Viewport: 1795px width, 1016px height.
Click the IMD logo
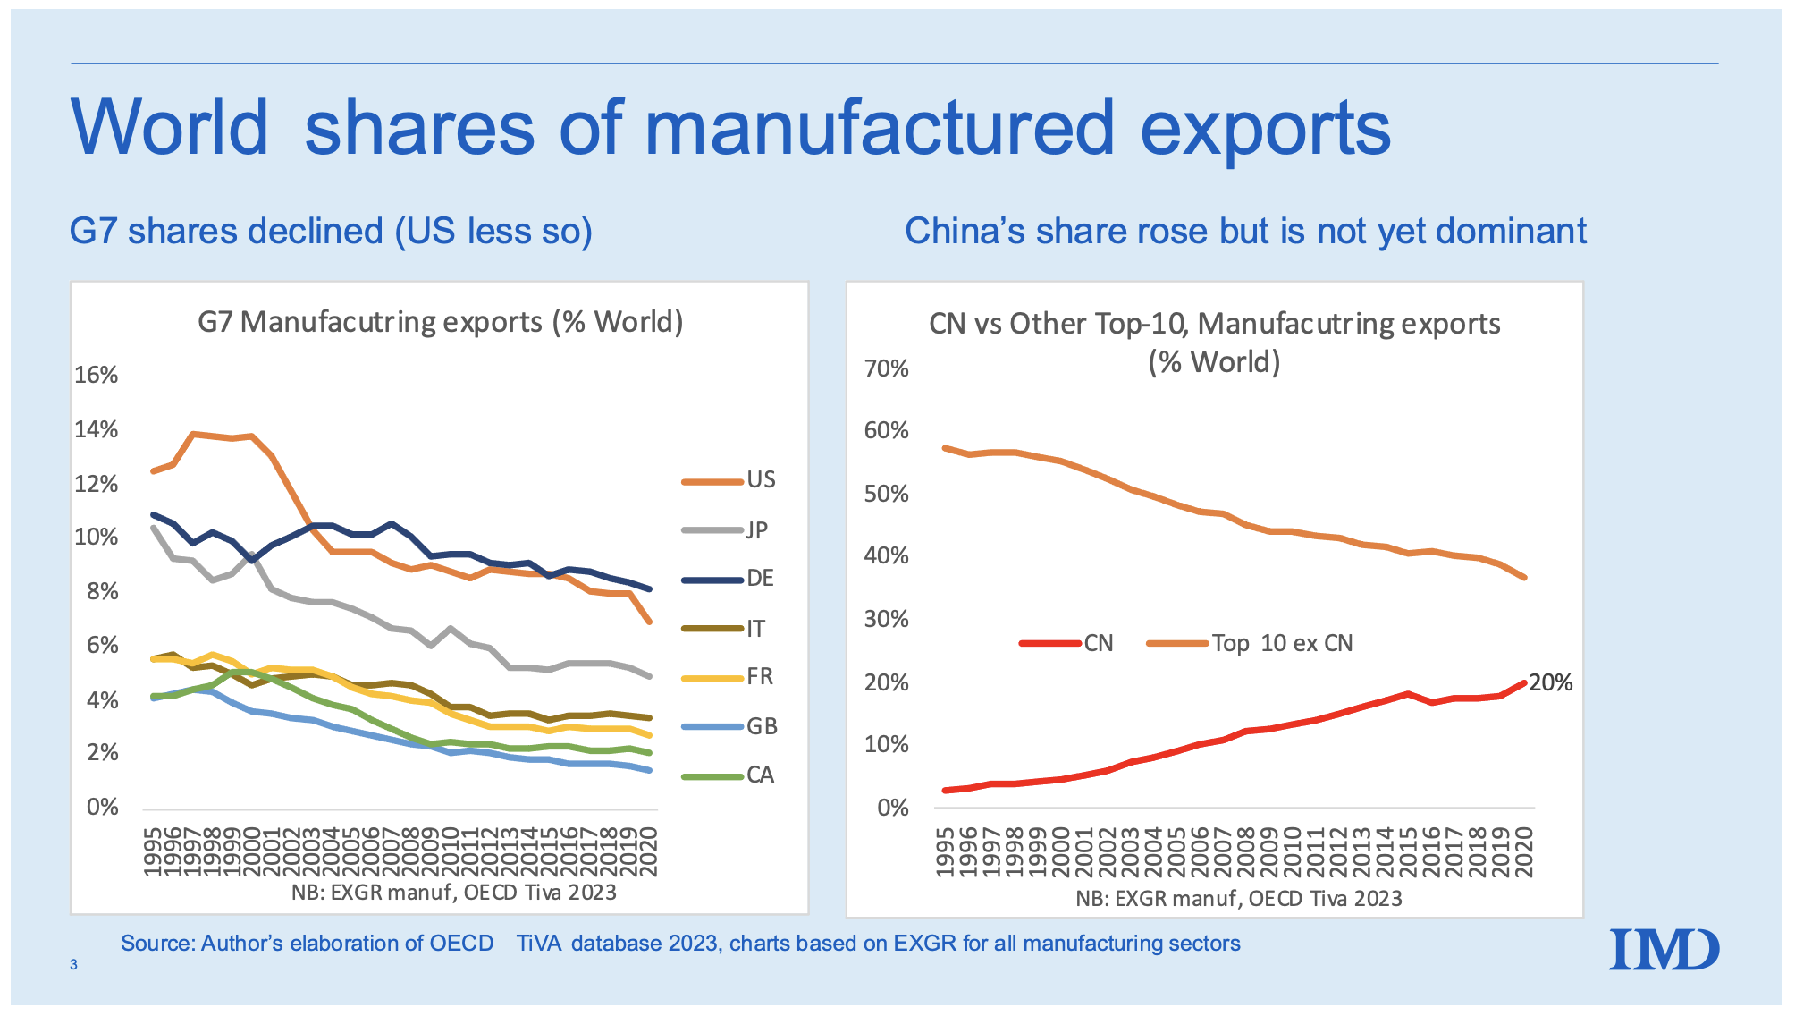click(x=1664, y=950)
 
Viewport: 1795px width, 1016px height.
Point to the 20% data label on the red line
click(x=1550, y=683)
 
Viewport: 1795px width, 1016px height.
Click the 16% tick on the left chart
click(x=96, y=375)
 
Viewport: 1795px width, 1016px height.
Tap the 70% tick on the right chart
click(x=886, y=368)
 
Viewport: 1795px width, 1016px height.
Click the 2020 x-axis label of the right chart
click(x=1525, y=851)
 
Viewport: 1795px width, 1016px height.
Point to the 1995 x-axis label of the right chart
click(x=945, y=851)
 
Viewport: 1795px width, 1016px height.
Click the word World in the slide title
click(x=169, y=127)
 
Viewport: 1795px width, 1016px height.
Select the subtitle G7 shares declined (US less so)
click(x=331, y=231)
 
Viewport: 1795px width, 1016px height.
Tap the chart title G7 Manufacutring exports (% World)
click(x=440, y=321)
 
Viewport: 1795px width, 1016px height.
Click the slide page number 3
click(x=73, y=965)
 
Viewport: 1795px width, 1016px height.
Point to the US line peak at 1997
click(x=192, y=434)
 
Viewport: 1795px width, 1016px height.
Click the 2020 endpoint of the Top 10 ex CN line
click(x=1524, y=578)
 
